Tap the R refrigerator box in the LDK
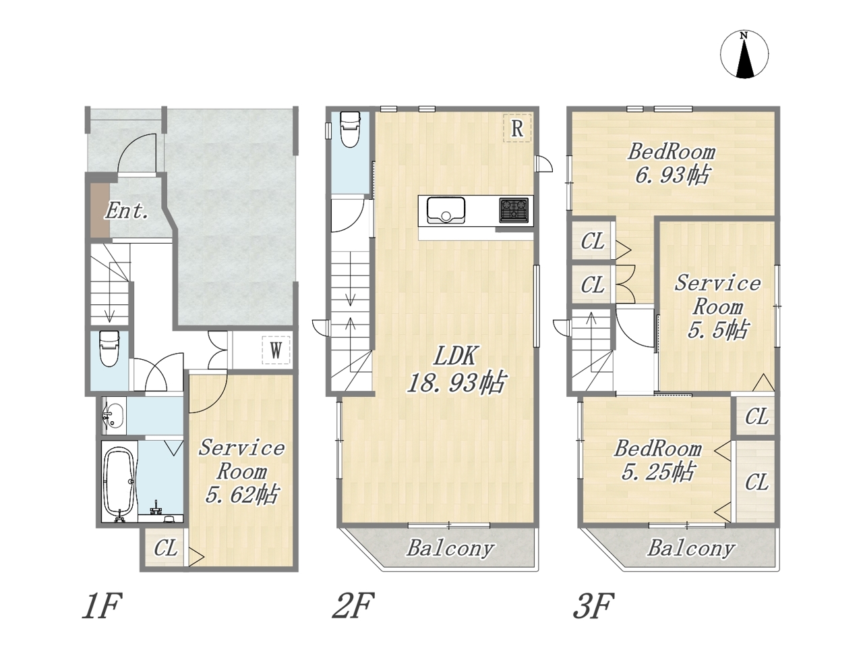tap(517, 128)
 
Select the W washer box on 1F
tap(276, 350)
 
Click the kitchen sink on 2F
tap(446, 211)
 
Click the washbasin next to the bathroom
tap(113, 416)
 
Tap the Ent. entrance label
tap(127, 211)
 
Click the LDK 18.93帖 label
tap(456, 369)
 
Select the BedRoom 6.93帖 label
tap(672, 163)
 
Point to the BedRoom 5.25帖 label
tap(658, 461)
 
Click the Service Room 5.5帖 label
tap(717, 307)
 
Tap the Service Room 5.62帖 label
tap(241, 472)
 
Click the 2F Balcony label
tap(450, 549)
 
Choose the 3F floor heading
tap(593, 606)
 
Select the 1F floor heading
tap(101, 606)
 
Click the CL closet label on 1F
tap(166, 548)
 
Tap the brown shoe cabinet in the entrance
tap(100, 210)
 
